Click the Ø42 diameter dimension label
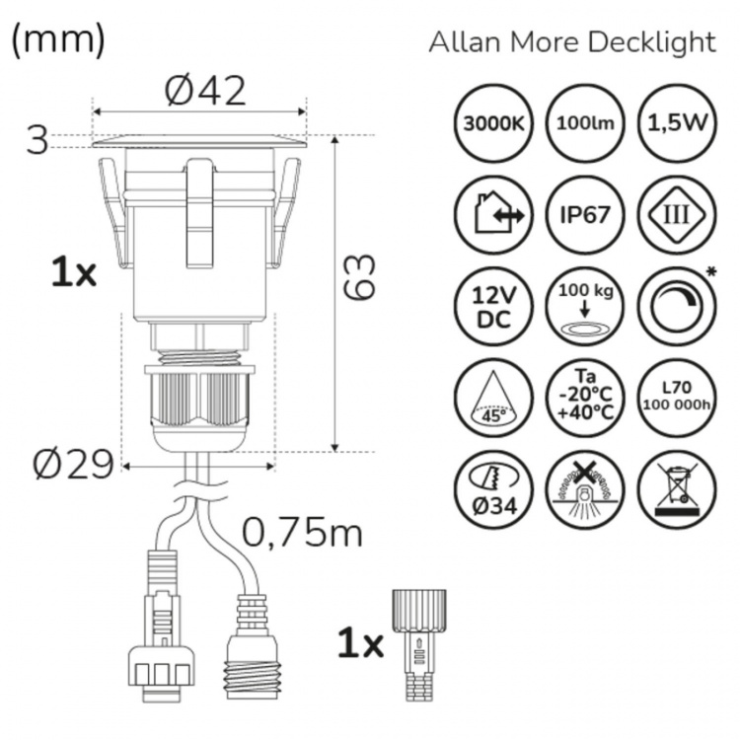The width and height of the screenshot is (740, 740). coord(204,92)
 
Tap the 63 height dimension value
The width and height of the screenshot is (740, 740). coord(360,277)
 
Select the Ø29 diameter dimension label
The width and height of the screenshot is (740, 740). coord(72,464)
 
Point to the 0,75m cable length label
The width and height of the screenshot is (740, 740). coord(303,533)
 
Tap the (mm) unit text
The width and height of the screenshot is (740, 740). coord(57,39)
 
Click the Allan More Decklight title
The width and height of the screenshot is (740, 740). coord(571,42)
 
